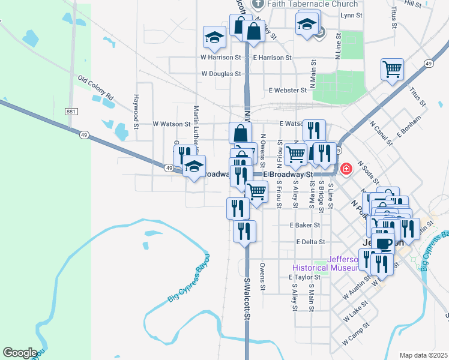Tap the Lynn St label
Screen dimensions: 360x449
click(x=351, y=15)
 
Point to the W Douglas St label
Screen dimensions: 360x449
click(x=221, y=74)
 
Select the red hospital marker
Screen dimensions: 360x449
click(x=346, y=169)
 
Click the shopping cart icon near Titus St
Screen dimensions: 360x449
click(x=392, y=69)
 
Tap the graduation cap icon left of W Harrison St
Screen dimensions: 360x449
click(x=214, y=37)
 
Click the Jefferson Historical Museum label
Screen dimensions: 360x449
click(x=325, y=264)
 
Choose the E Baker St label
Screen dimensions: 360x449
click(x=304, y=226)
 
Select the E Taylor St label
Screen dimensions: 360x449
click(x=304, y=278)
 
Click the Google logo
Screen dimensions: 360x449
click(x=20, y=353)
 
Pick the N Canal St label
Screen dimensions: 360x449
click(x=381, y=134)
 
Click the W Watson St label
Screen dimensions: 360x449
click(x=171, y=124)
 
